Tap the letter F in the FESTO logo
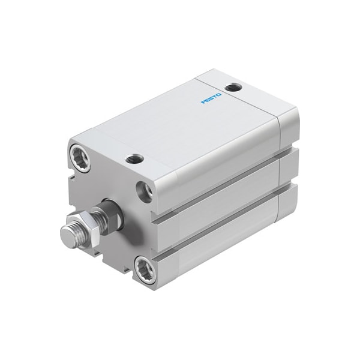[203, 101]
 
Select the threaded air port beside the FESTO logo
[235, 88]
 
